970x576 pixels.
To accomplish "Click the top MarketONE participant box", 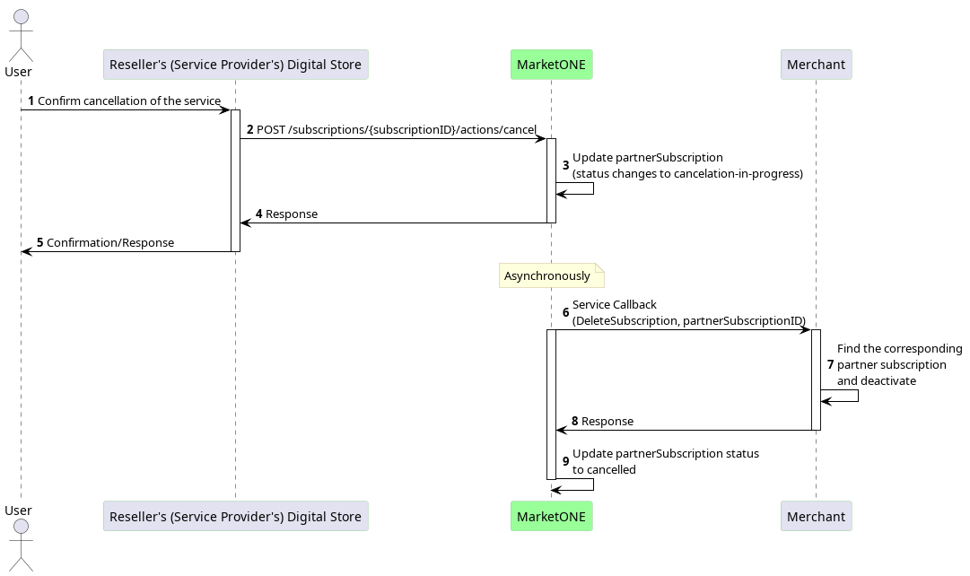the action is tap(551, 65).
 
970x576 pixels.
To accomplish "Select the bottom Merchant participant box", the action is tap(816, 516).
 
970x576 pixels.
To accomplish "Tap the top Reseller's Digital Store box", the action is tap(236, 65).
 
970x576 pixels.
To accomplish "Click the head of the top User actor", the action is tap(21, 17).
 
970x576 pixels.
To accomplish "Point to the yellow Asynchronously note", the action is tap(551, 276).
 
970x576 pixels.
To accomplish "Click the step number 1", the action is tap(31, 100).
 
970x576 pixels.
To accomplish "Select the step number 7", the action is tap(830, 365).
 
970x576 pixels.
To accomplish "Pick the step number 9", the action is tap(565, 461).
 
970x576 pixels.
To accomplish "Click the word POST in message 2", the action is tap(271, 130).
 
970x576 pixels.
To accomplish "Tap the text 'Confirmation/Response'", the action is tap(110, 242).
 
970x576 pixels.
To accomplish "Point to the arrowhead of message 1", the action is tap(225, 110).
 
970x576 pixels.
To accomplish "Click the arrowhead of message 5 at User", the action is tap(26, 252).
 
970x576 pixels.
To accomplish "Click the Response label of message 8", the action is tap(607, 422).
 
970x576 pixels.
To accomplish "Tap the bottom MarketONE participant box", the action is tap(551, 516).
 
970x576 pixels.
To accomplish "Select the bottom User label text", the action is tap(18, 511).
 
